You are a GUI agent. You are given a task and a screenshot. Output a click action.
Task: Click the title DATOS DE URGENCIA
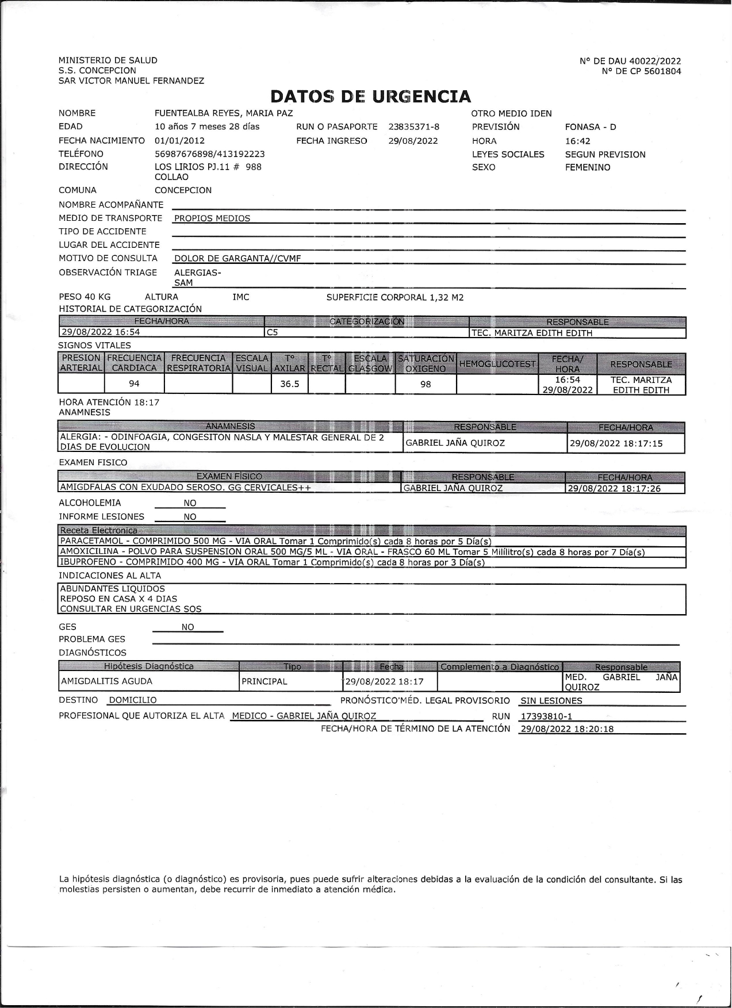click(x=371, y=96)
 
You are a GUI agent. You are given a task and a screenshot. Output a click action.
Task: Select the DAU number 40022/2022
click(x=655, y=61)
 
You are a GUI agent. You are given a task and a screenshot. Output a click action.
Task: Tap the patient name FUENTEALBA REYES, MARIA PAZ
click(x=224, y=113)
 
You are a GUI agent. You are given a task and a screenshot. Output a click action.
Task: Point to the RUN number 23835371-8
click(x=413, y=127)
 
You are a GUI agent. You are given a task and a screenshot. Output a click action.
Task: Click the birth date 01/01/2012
click(x=179, y=140)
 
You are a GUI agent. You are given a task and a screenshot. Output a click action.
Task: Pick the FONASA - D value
click(x=590, y=127)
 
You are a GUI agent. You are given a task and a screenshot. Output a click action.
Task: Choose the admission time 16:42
click(x=577, y=141)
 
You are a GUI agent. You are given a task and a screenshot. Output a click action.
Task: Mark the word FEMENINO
click(x=587, y=167)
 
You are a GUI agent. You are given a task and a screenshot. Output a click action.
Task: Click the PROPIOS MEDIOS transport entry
click(x=212, y=219)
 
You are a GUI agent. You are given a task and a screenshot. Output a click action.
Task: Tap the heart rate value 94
click(x=134, y=384)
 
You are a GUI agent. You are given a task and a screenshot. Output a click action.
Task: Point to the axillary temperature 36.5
click(x=289, y=384)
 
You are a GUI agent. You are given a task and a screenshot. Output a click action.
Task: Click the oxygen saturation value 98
click(x=426, y=384)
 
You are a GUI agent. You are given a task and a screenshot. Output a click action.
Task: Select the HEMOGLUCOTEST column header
click(x=497, y=363)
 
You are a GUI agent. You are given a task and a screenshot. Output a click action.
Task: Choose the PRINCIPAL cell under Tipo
click(x=264, y=681)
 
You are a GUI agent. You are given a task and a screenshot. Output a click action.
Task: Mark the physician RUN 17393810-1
click(x=546, y=716)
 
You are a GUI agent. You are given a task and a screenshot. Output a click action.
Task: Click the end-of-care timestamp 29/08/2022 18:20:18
click(x=566, y=729)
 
